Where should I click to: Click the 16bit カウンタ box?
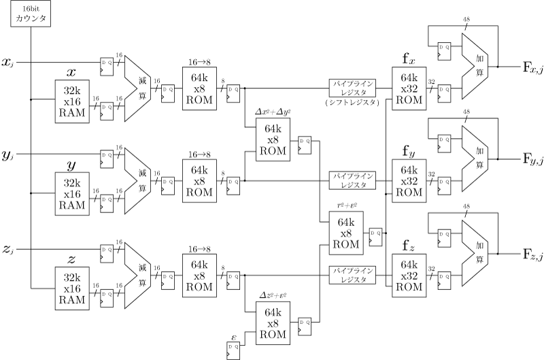tap(31, 15)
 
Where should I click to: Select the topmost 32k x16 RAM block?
tap(71, 101)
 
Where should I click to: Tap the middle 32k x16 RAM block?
tap(71, 193)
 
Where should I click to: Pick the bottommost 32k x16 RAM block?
tap(71, 289)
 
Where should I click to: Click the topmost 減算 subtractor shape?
tap(138, 88)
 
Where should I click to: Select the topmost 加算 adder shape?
tap(475, 67)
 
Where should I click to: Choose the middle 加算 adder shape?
tap(475, 158)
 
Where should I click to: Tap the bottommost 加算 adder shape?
tap(475, 253)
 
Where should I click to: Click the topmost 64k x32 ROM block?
tap(409, 88)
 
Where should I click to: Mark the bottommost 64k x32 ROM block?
tap(409, 275)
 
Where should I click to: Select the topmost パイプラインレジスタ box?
tap(353, 88)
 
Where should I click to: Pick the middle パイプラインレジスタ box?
tap(353, 180)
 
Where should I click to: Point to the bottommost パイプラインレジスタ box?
tap(353, 274)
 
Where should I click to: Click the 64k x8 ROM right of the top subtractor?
tap(199, 88)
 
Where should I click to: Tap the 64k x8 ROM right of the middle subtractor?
tap(199, 180)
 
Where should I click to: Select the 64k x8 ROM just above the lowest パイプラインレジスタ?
tap(346, 233)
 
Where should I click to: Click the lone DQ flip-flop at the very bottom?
tap(233, 351)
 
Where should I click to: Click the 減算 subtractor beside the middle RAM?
tap(138, 180)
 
